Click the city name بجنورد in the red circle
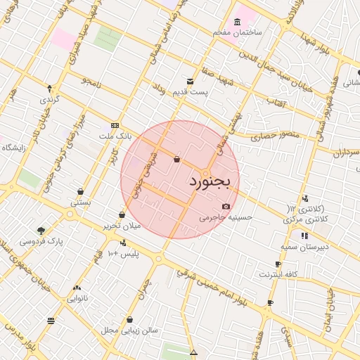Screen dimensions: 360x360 210,183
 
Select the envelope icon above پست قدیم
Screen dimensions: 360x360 190,82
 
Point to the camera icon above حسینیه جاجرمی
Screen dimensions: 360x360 226,206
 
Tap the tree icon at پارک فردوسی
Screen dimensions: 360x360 41,231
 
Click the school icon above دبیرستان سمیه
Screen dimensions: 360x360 304,236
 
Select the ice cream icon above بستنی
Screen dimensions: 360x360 81,191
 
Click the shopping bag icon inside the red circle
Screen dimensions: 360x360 176,159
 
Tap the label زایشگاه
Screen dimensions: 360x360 15,148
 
